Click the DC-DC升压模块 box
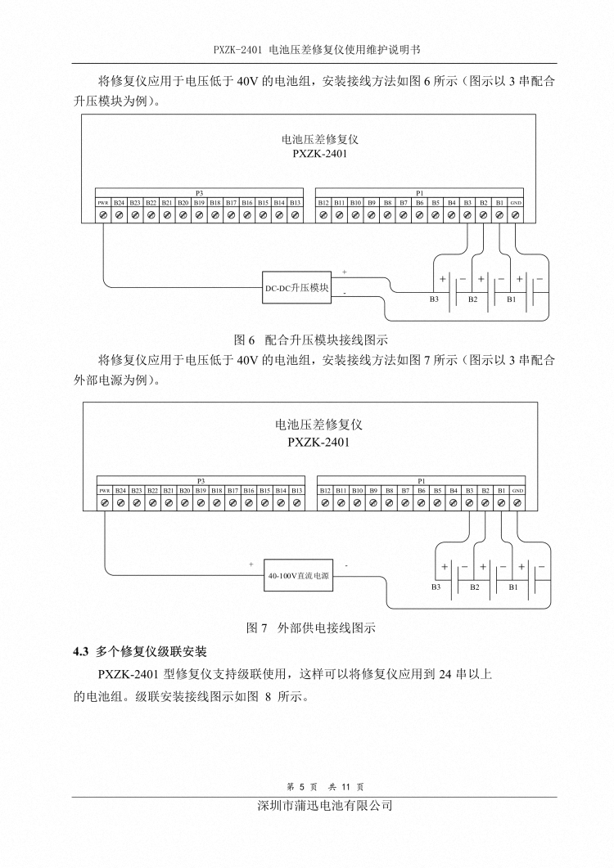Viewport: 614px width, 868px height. coord(296,289)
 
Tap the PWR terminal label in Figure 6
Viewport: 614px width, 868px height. coord(103,203)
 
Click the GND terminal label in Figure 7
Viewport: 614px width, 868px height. coord(517,491)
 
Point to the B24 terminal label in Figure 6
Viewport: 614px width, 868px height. coord(120,203)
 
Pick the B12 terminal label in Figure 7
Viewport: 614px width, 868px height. coord(324,491)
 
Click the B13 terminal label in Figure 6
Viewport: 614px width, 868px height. coord(296,203)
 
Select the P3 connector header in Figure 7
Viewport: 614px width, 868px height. coord(201,481)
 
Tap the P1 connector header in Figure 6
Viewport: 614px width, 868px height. coord(419,192)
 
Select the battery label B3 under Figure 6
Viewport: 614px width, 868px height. coord(434,299)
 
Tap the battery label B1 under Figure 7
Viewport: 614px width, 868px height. coord(513,587)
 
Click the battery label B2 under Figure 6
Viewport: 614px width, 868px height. coord(472,299)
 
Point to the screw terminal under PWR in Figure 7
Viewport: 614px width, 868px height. coord(104,503)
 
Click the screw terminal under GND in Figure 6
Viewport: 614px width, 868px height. coord(515,215)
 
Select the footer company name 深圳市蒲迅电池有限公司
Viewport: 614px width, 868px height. coord(325,806)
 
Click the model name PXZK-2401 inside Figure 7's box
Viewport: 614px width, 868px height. coord(318,443)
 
